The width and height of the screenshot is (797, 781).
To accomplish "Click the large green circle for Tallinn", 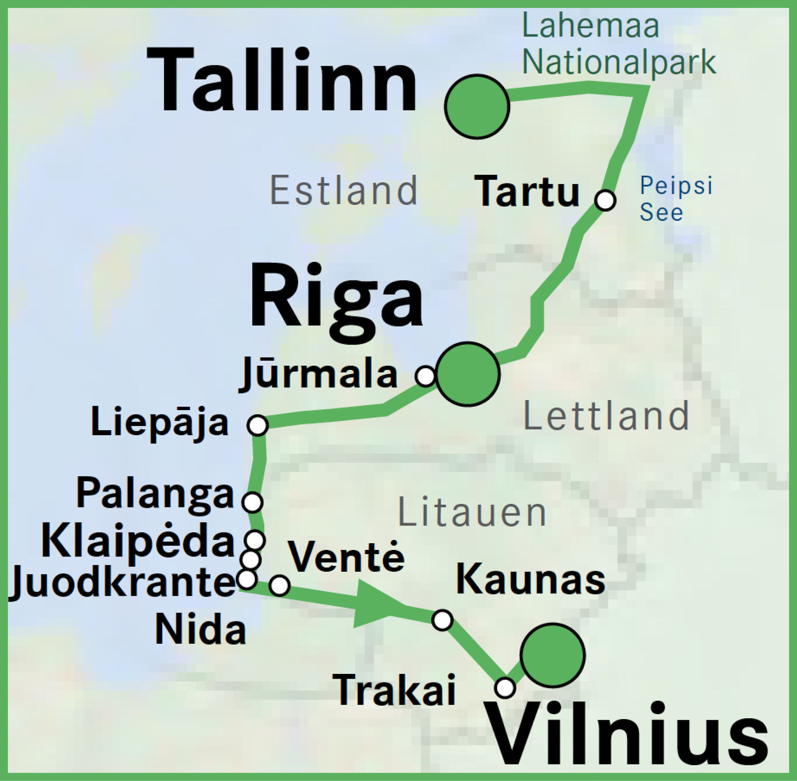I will [477, 106].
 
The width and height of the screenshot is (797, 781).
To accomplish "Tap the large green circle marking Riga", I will [467, 374].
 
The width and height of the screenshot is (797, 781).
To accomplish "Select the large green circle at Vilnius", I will [552, 655].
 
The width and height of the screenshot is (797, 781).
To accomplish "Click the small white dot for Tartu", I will [605, 200].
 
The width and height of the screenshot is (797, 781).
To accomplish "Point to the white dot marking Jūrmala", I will [426, 376].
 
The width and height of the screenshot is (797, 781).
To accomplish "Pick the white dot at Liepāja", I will [257, 425].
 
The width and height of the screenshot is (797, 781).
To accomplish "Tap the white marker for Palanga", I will [252, 502].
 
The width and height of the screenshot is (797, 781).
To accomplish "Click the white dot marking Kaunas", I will [442, 619].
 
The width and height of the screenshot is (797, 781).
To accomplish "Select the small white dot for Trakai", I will [505, 687].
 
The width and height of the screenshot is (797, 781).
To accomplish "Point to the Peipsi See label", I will [675, 199].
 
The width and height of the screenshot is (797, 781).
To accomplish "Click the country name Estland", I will [343, 190].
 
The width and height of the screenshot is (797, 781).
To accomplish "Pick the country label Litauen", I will [472, 512].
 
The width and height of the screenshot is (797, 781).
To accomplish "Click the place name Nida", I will [201, 630].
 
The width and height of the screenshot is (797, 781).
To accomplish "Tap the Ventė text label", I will [346, 556].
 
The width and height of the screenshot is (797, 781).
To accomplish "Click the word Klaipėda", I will [138, 541].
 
